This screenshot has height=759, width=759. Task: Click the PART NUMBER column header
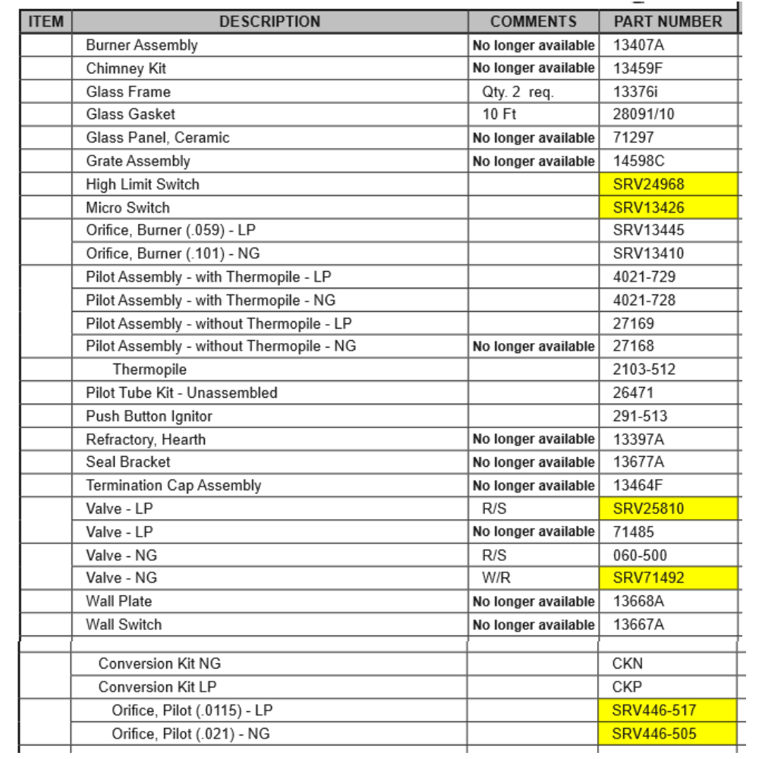tap(667, 22)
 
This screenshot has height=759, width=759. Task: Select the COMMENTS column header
tap(534, 22)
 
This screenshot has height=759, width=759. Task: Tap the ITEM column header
tap(46, 22)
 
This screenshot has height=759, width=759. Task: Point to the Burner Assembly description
tap(141, 46)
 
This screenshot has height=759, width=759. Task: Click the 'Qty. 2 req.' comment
tap(518, 92)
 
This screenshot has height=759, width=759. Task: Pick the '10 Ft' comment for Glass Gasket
tap(499, 115)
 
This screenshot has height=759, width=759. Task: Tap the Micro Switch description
tap(128, 207)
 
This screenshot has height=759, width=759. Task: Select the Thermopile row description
tap(150, 370)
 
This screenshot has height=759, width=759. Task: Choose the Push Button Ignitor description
tap(149, 416)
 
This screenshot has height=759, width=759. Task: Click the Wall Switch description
tap(124, 625)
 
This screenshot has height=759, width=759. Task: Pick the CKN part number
tap(627, 664)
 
